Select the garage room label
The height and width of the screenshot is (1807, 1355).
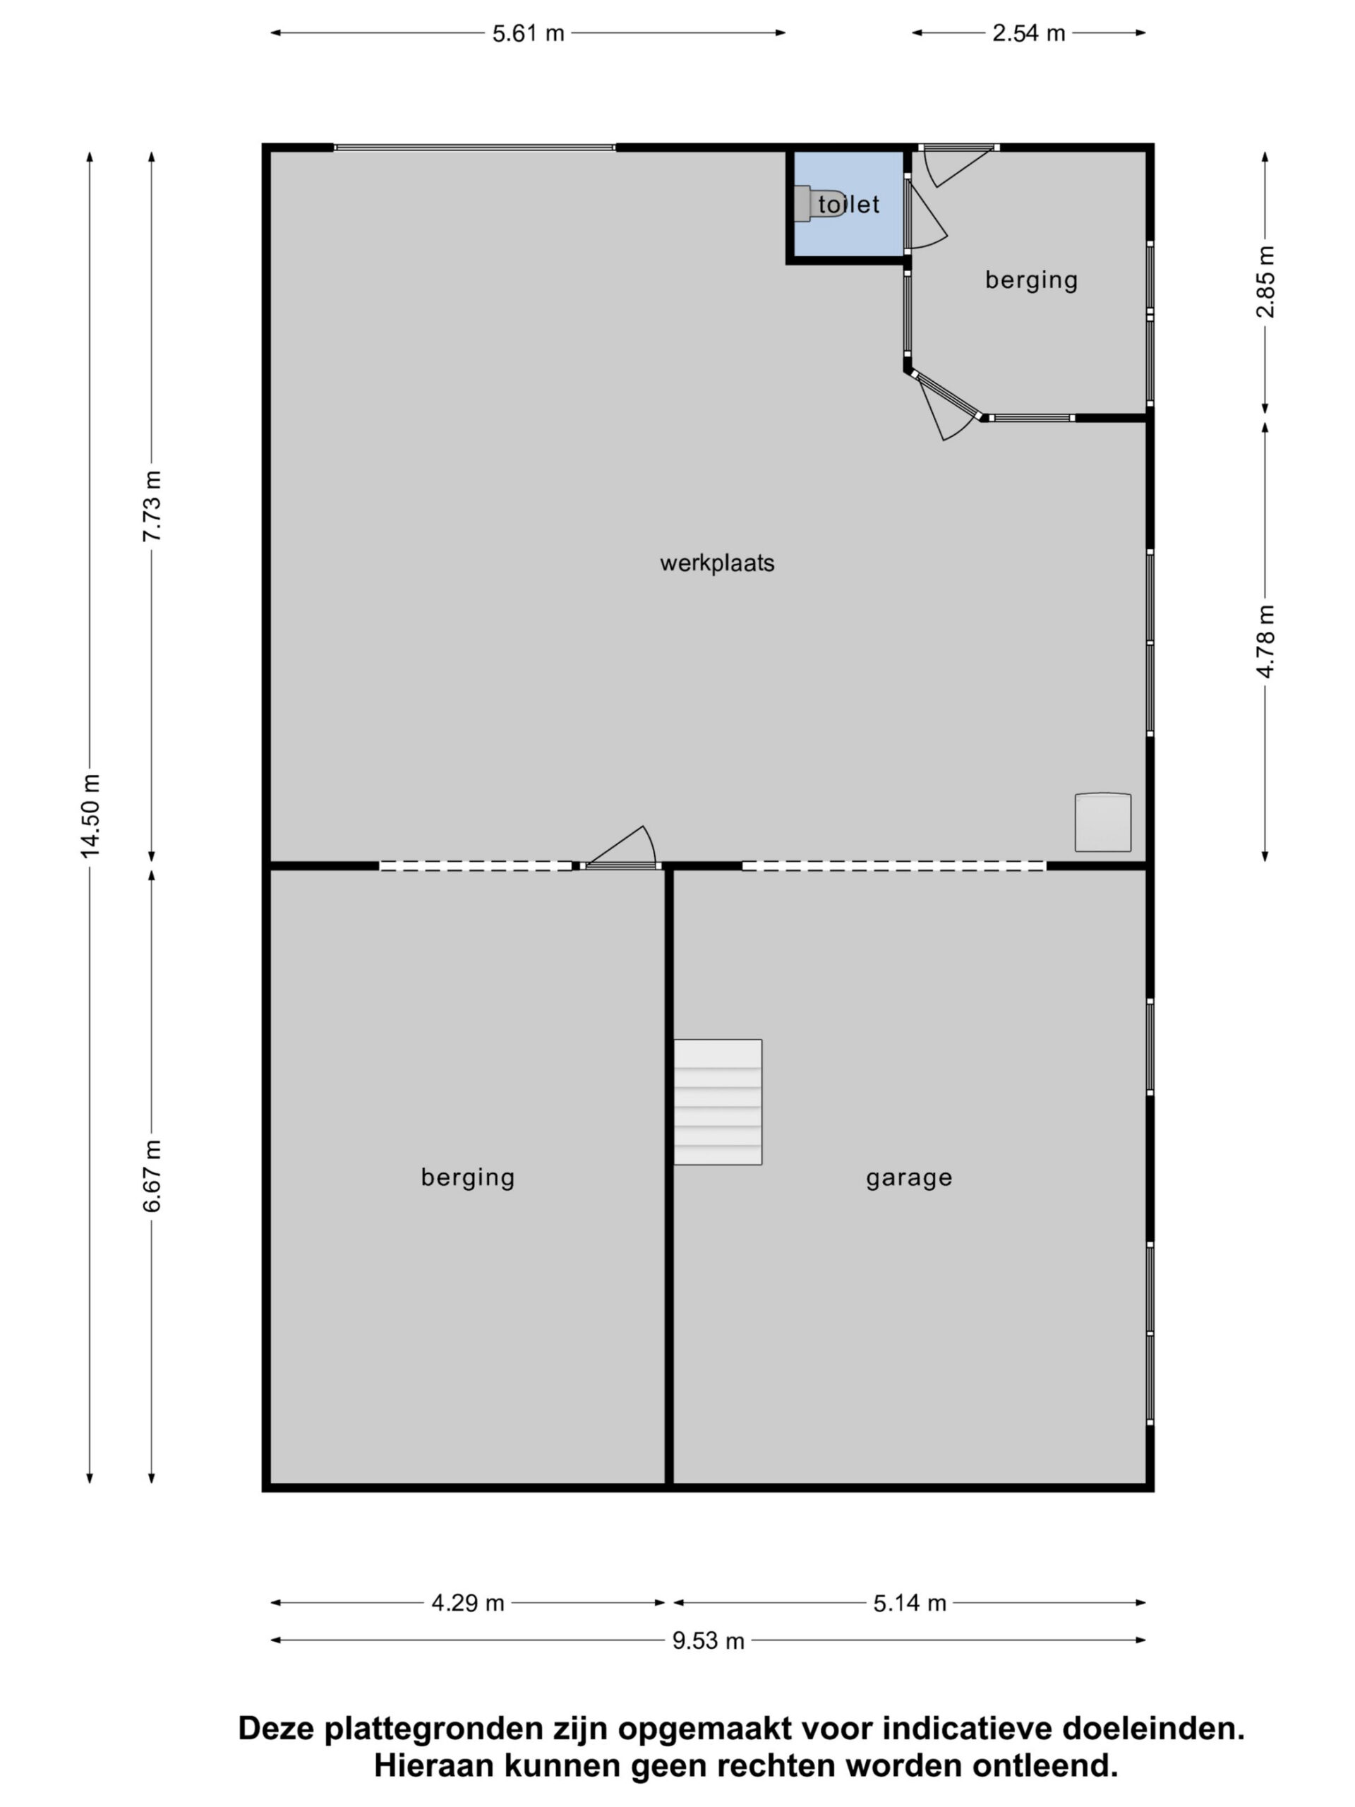point(908,1177)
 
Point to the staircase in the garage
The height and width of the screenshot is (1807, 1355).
point(717,1101)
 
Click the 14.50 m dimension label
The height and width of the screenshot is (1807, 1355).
point(90,816)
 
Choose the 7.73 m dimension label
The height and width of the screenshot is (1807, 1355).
point(152,505)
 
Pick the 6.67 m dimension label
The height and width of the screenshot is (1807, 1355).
point(152,1175)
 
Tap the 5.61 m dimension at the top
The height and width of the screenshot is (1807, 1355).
point(528,33)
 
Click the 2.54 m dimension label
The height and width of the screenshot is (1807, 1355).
point(1028,33)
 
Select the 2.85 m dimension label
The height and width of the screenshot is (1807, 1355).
point(1265,282)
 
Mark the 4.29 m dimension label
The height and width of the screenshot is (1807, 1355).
point(467,1603)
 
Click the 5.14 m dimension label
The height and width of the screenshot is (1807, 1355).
point(909,1603)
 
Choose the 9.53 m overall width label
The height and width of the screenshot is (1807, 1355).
point(708,1640)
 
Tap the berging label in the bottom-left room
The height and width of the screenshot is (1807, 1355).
point(467,1177)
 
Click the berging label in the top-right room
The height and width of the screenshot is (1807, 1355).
point(1031,280)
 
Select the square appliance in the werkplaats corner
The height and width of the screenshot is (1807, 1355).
point(1102,822)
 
